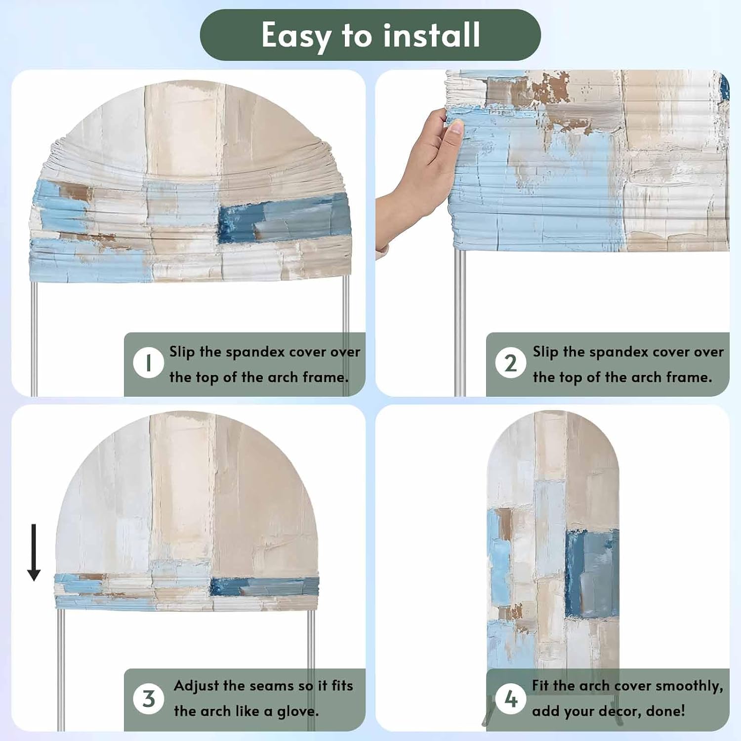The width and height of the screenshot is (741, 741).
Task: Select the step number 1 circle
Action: click(148, 363)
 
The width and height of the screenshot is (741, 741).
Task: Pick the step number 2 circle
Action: click(511, 363)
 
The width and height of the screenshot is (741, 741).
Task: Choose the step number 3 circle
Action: click(148, 699)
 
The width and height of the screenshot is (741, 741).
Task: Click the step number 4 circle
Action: click(511, 699)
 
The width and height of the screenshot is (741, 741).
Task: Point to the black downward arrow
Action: click(34, 552)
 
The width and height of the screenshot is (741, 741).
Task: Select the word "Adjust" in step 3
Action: click(196, 686)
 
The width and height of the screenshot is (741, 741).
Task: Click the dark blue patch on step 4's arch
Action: click(592, 573)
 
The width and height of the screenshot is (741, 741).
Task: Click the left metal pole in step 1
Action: click(34, 338)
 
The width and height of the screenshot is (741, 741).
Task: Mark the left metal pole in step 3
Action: click(61, 669)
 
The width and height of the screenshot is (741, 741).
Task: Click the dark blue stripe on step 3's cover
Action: click(265, 586)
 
